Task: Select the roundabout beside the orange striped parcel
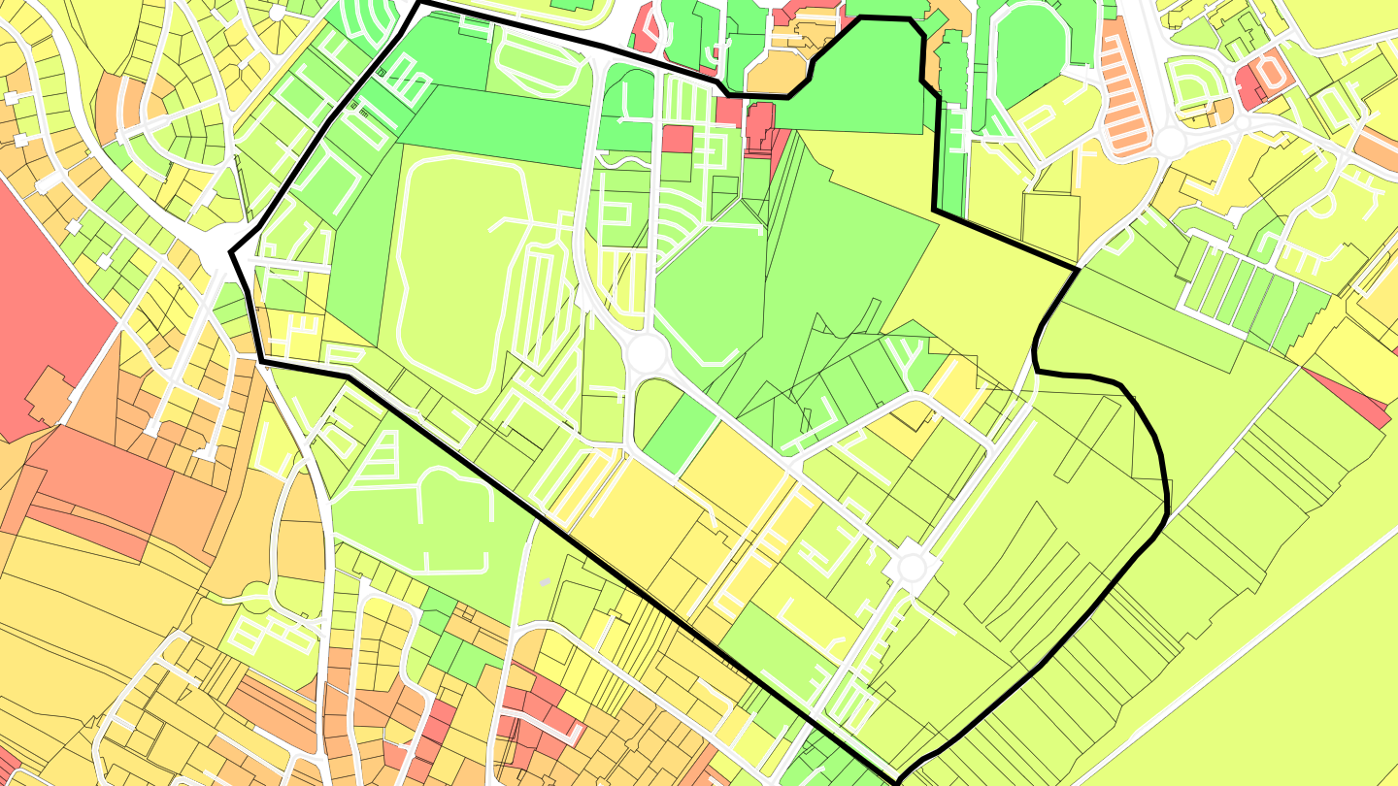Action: coord(1172,144)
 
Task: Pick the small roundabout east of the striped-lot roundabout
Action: coord(1242,123)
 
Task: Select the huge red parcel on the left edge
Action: coord(49,311)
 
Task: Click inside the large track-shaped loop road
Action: coord(456,272)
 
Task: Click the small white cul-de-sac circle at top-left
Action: coord(278,13)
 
